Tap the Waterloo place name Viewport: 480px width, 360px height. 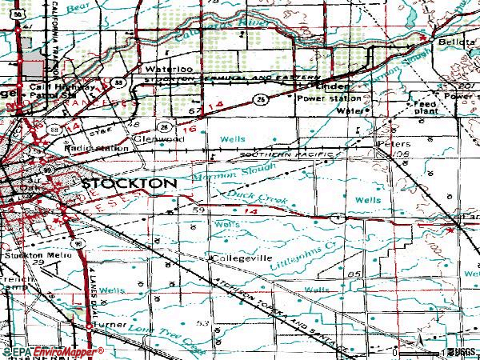pyautogui.click(x=163, y=70)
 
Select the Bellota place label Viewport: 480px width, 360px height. pyautogui.click(x=450, y=42)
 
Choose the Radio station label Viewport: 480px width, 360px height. pyautogui.click(x=98, y=149)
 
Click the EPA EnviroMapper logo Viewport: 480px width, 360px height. pyautogui.click(x=53, y=351)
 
